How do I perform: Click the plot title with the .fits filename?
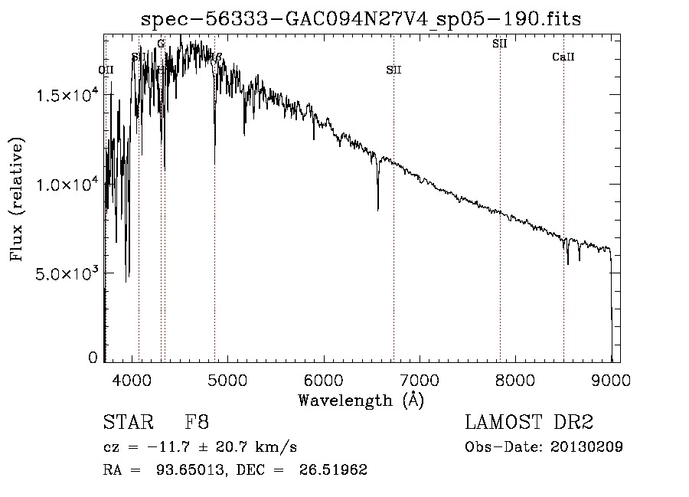(x=361, y=19)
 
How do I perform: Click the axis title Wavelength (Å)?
(x=361, y=400)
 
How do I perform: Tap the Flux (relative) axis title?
(x=17, y=198)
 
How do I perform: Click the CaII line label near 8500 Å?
(x=563, y=57)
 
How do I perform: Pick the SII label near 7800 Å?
(x=500, y=44)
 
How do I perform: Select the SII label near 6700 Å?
(x=393, y=70)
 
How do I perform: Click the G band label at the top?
(x=161, y=44)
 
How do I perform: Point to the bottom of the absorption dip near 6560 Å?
(x=377, y=209)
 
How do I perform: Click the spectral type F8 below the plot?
(x=197, y=423)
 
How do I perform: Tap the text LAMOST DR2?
(x=529, y=423)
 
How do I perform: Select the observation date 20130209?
(x=585, y=447)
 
